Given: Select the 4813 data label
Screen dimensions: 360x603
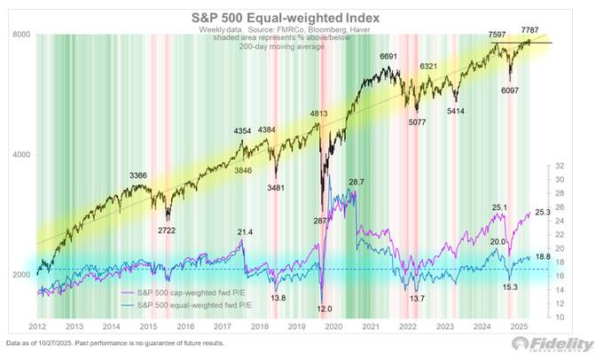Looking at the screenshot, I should pos(319,114).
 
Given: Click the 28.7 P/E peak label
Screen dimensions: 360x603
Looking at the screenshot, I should pos(356,182).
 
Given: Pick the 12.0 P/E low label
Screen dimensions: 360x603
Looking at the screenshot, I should pos(325,308).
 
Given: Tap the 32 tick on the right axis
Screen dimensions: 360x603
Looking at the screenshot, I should pos(560,166).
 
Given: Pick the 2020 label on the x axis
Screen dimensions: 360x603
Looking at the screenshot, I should pos(333,326).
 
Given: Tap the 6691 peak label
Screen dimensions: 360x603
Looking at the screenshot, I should pos(389,57).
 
